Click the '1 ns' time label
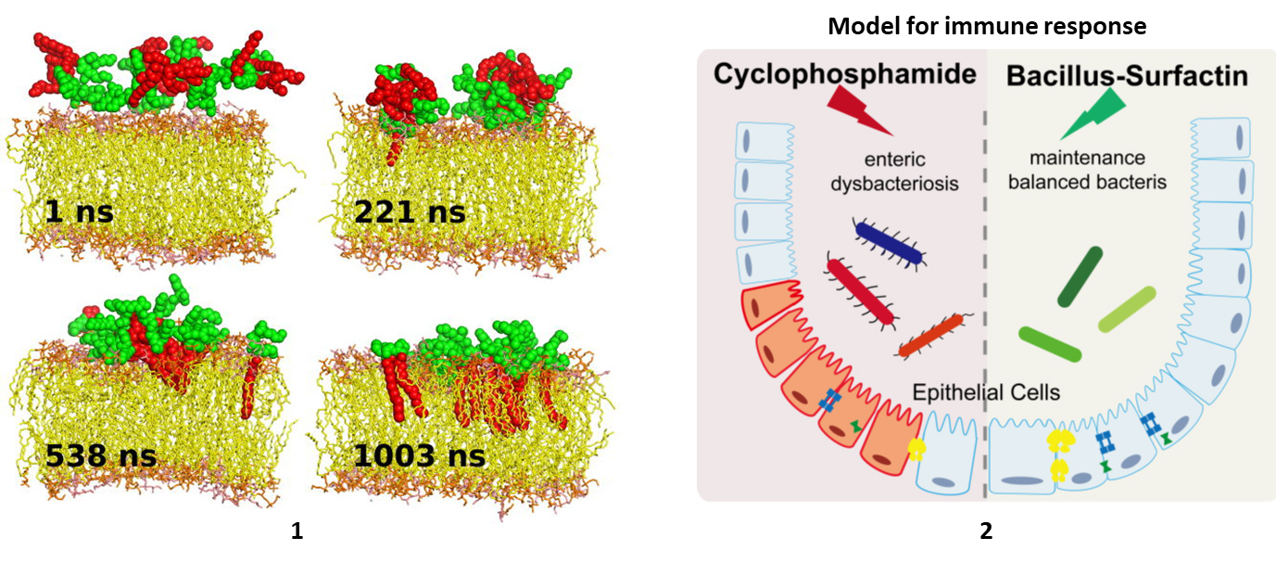point(79,212)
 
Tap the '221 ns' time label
point(410,212)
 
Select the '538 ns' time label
point(101,456)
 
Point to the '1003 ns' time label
point(419,456)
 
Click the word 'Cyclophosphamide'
point(845,74)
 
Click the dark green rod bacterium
point(1080,277)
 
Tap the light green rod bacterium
point(1127,310)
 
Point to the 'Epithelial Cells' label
point(987,392)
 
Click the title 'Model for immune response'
point(986,26)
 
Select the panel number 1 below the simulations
point(297,531)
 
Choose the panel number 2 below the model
point(986,531)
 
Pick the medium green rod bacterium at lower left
point(1050,343)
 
